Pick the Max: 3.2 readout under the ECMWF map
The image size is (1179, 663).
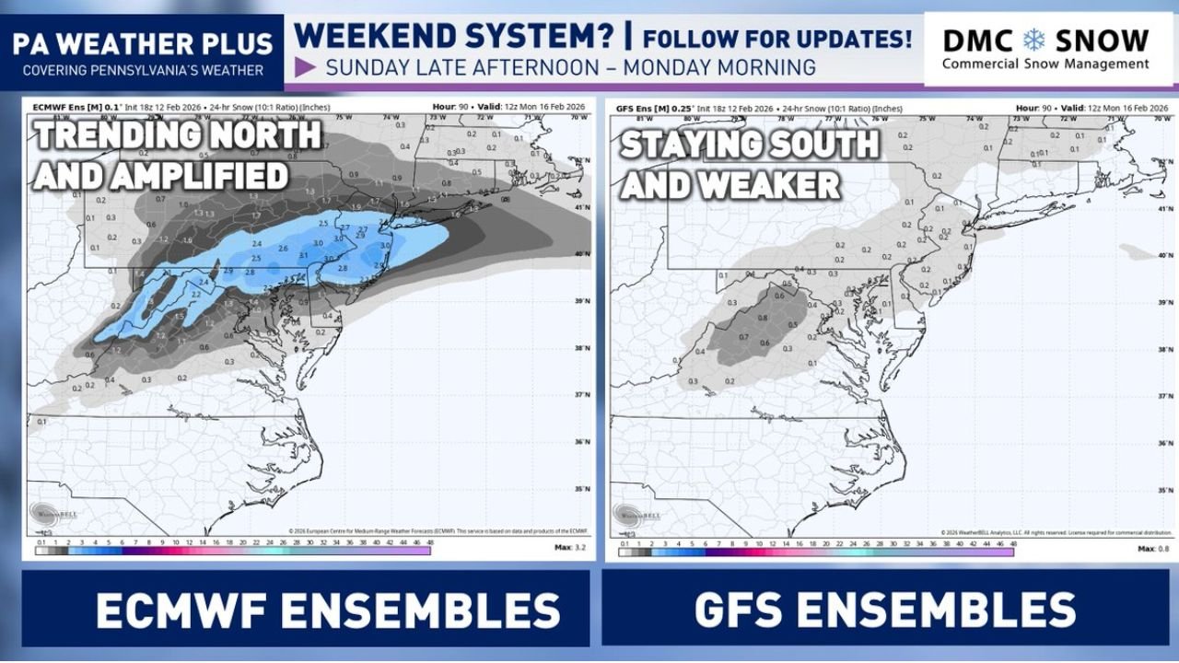[572, 548]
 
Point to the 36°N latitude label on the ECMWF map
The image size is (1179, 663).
[582, 442]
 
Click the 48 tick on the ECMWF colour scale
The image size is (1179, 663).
[428, 543]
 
